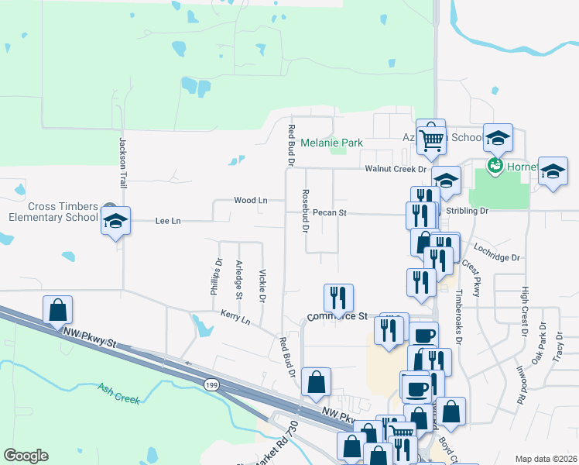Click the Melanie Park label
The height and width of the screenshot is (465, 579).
tap(331, 143)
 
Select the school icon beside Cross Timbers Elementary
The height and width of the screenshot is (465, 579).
tap(115, 221)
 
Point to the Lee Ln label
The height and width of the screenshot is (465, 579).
tap(168, 221)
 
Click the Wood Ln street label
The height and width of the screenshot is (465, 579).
tap(250, 200)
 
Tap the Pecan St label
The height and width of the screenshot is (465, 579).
tap(330, 212)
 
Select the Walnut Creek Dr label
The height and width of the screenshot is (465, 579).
tap(397, 168)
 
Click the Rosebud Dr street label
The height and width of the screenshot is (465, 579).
tap(305, 212)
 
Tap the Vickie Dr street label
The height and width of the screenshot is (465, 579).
tap(262, 285)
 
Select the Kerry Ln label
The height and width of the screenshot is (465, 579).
tap(235, 317)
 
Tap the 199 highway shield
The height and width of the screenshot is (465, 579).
tap(211, 384)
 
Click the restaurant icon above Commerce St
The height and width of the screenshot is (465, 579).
tap(338, 298)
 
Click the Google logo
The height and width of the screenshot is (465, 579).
tap(26, 456)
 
